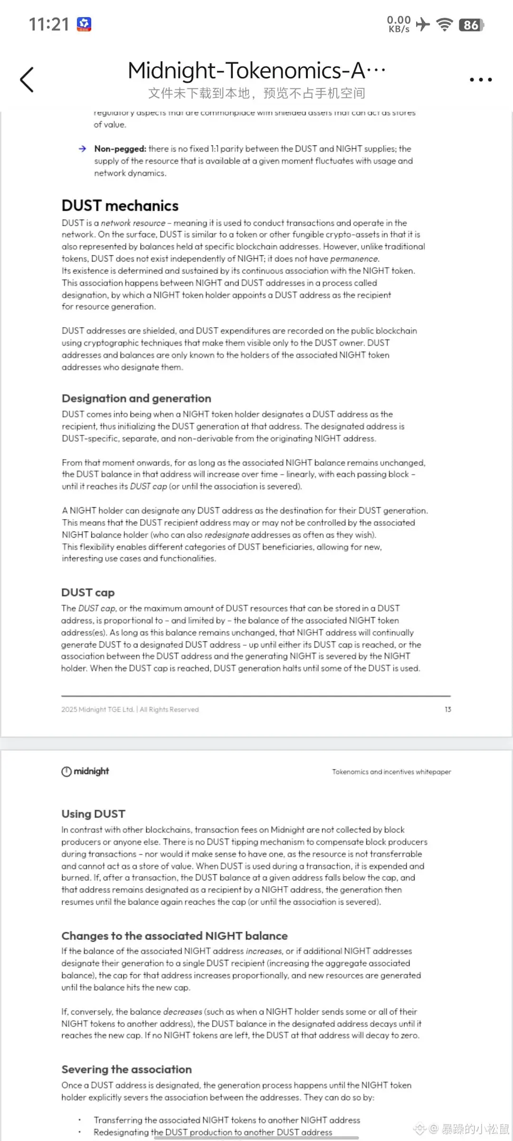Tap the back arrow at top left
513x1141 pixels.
coord(27,79)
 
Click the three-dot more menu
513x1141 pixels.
coord(480,79)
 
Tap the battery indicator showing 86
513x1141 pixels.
coord(471,25)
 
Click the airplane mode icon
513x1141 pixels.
coord(422,24)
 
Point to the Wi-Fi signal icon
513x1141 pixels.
coord(445,24)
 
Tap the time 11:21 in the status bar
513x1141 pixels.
coord(49,24)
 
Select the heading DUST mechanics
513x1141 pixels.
coord(120,205)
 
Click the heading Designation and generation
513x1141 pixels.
coord(136,398)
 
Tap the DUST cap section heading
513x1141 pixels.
coord(88,592)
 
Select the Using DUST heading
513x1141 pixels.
coord(93,813)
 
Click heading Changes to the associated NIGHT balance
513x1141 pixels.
coord(174,936)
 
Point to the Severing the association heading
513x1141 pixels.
coord(126,1069)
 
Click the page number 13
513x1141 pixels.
coord(447,709)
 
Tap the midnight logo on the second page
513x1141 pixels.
coord(85,771)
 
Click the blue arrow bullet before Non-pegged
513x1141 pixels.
coord(83,149)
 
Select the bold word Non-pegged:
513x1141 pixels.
coord(120,149)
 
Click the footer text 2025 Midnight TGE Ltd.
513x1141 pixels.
coord(97,709)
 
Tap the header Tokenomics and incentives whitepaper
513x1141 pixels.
coord(391,772)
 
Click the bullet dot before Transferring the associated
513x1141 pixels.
coord(79,1120)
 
